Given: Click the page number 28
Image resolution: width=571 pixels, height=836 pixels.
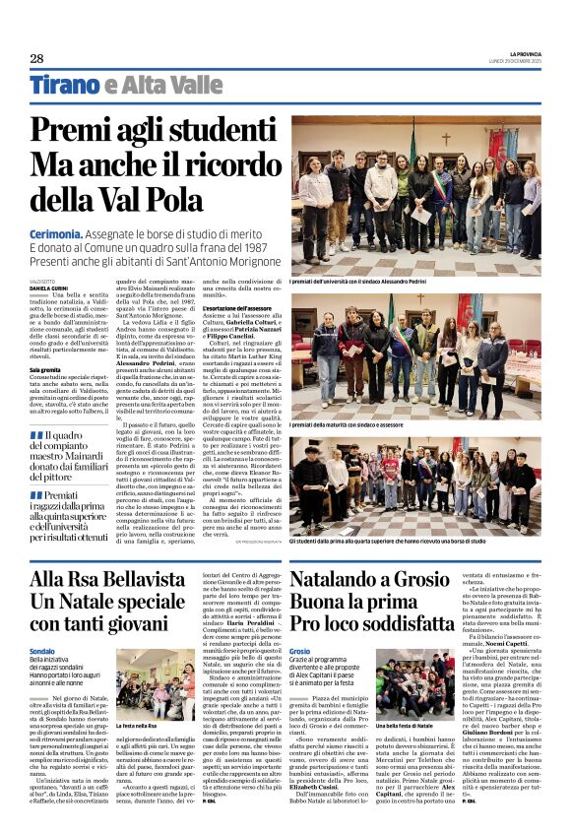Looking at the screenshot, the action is (36, 58).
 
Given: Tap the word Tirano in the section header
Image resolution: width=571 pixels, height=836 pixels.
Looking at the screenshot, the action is (64, 85).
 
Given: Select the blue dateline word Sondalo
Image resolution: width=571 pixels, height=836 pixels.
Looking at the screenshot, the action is (42, 651).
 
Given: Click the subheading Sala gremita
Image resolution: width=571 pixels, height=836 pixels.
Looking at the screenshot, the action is (46, 370).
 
